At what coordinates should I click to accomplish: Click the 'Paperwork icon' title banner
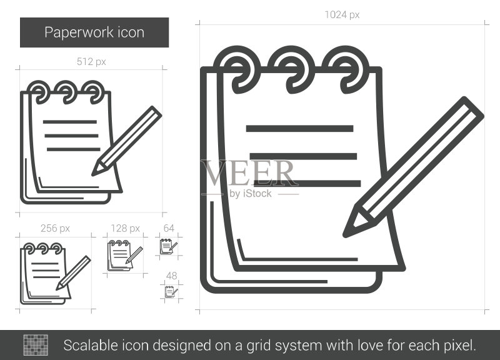tap(94, 32)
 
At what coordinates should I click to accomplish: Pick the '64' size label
tap(169, 228)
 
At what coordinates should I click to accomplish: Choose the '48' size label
tap(171, 276)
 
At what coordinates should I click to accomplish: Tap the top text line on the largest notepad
tap(300, 129)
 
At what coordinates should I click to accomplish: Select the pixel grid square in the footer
tap(36, 345)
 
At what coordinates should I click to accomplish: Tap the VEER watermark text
tap(249, 173)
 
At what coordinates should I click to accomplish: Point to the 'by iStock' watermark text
tap(251, 194)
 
